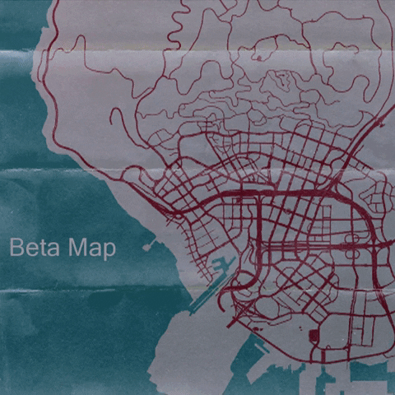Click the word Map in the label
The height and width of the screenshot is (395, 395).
[91, 247]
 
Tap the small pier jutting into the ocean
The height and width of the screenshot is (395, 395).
[148, 244]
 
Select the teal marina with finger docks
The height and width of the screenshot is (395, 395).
[221, 267]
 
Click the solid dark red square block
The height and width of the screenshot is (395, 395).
[314, 337]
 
